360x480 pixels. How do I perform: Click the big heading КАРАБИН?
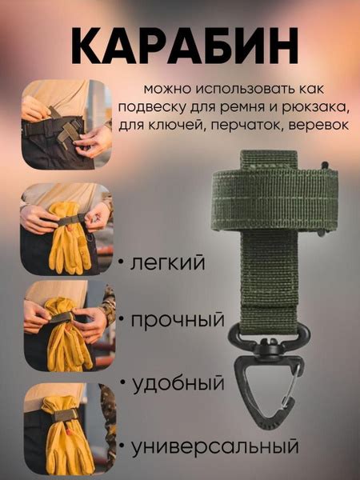(x=184, y=46)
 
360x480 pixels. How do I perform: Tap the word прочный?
(x=178, y=320)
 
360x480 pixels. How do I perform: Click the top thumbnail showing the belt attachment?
(x=66, y=124)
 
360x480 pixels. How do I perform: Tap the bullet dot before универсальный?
(x=122, y=446)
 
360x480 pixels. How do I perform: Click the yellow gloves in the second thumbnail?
(x=69, y=238)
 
